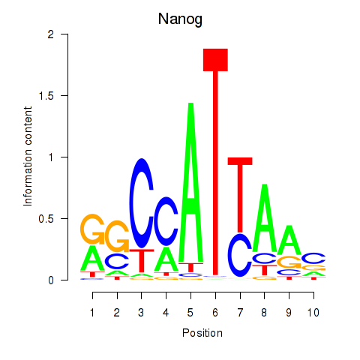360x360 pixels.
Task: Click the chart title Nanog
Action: tap(180, 19)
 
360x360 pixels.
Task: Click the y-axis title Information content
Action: tap(28, 157)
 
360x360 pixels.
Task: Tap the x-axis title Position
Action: tap(202, 333)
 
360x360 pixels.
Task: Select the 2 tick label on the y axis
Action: tap(51, 34)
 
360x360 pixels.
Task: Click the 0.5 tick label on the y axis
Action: tap(46, 219)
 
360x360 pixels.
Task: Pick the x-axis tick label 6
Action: tap(215, 313)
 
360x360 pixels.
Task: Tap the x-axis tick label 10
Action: tap(313, 313)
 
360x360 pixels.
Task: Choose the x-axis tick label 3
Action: tap(141, 313)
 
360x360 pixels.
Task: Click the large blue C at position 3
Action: tap(142, 203)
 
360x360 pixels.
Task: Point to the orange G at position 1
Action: tap(92, 229)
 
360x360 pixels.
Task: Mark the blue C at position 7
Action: tap(240, 255)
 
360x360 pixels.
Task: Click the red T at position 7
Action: tap(240, 195)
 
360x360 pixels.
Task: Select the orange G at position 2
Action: tap(117, 236)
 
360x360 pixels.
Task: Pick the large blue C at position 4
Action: tap(166, 221)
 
